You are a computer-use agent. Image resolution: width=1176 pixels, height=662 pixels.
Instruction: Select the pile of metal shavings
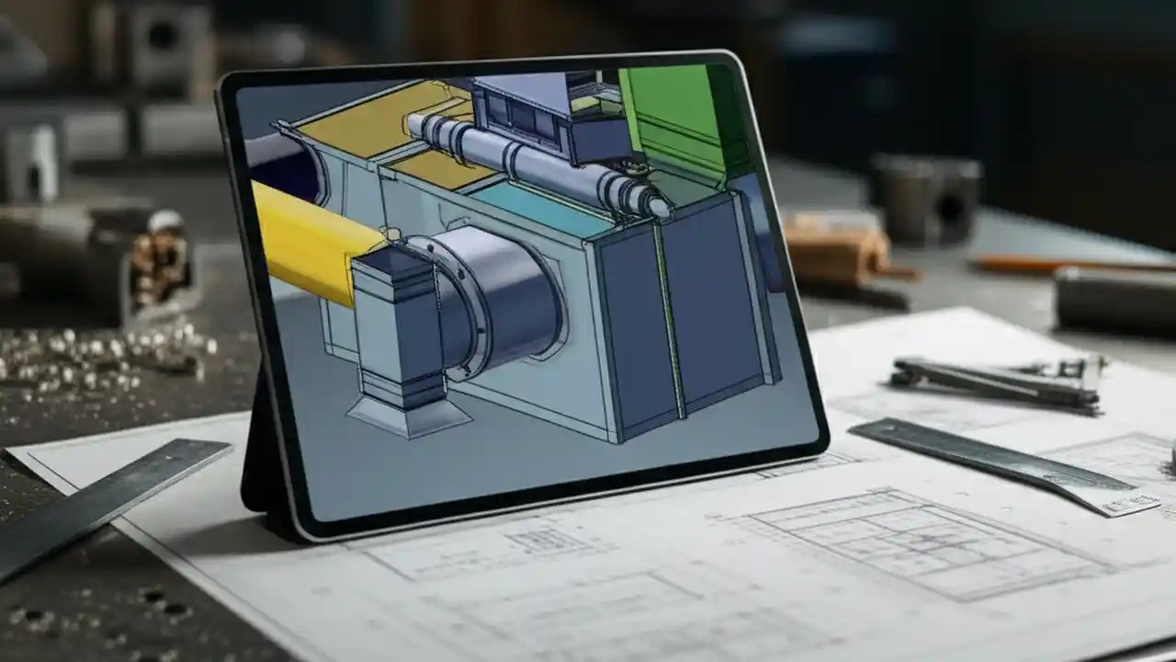point(101,354)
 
